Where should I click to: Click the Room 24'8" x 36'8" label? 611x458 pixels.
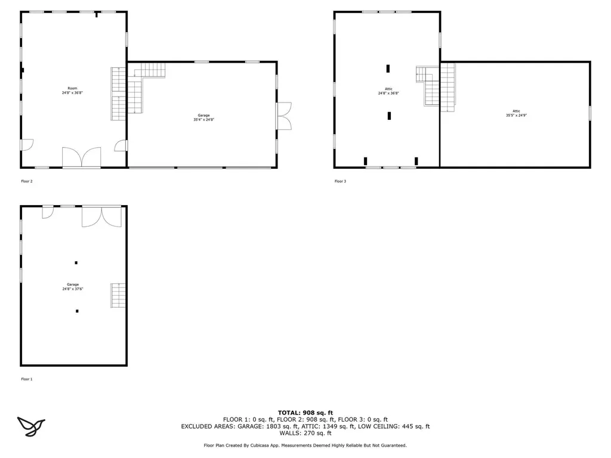click(72, 91)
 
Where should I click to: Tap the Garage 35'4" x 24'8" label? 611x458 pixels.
click(203, 117)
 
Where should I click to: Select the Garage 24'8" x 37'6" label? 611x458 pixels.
click(73, 287)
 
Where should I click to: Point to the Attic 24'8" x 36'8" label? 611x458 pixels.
click(388, 91)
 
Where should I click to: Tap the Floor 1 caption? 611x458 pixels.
click(26, 379)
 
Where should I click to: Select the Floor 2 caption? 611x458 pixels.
click(26, 181)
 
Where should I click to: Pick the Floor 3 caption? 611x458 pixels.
click(340, 181)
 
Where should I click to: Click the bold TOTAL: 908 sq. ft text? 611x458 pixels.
click(305, 413)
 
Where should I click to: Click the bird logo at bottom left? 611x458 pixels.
click(31, 425)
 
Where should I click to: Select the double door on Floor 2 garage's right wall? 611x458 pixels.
click(284, 116)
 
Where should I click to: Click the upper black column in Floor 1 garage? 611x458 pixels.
click(76, 262)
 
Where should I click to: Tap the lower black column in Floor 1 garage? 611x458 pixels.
click(77, 311)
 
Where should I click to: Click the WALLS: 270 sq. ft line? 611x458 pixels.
click(305, 434)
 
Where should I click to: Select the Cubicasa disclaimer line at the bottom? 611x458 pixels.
click(305, 445)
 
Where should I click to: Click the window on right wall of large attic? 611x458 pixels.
click(590, 113)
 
